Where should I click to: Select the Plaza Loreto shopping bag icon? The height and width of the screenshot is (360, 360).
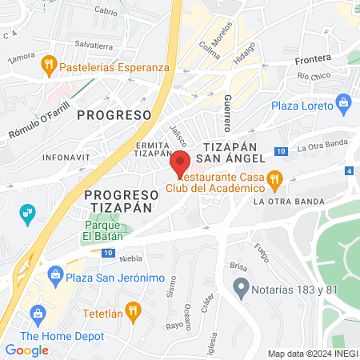[x=344, y=102]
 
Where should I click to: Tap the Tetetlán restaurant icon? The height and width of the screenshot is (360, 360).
[x=134, y=309]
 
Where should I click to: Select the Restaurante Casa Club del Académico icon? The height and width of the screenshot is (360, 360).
[x=274, y=179]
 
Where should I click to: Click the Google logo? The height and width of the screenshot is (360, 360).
[x=26, y=350]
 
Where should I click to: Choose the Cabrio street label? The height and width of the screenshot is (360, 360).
[x=106, y=10]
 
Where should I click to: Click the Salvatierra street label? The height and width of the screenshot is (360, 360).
[x=93, y=46]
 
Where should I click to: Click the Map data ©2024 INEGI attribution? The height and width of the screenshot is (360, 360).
[x=312, y=354]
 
